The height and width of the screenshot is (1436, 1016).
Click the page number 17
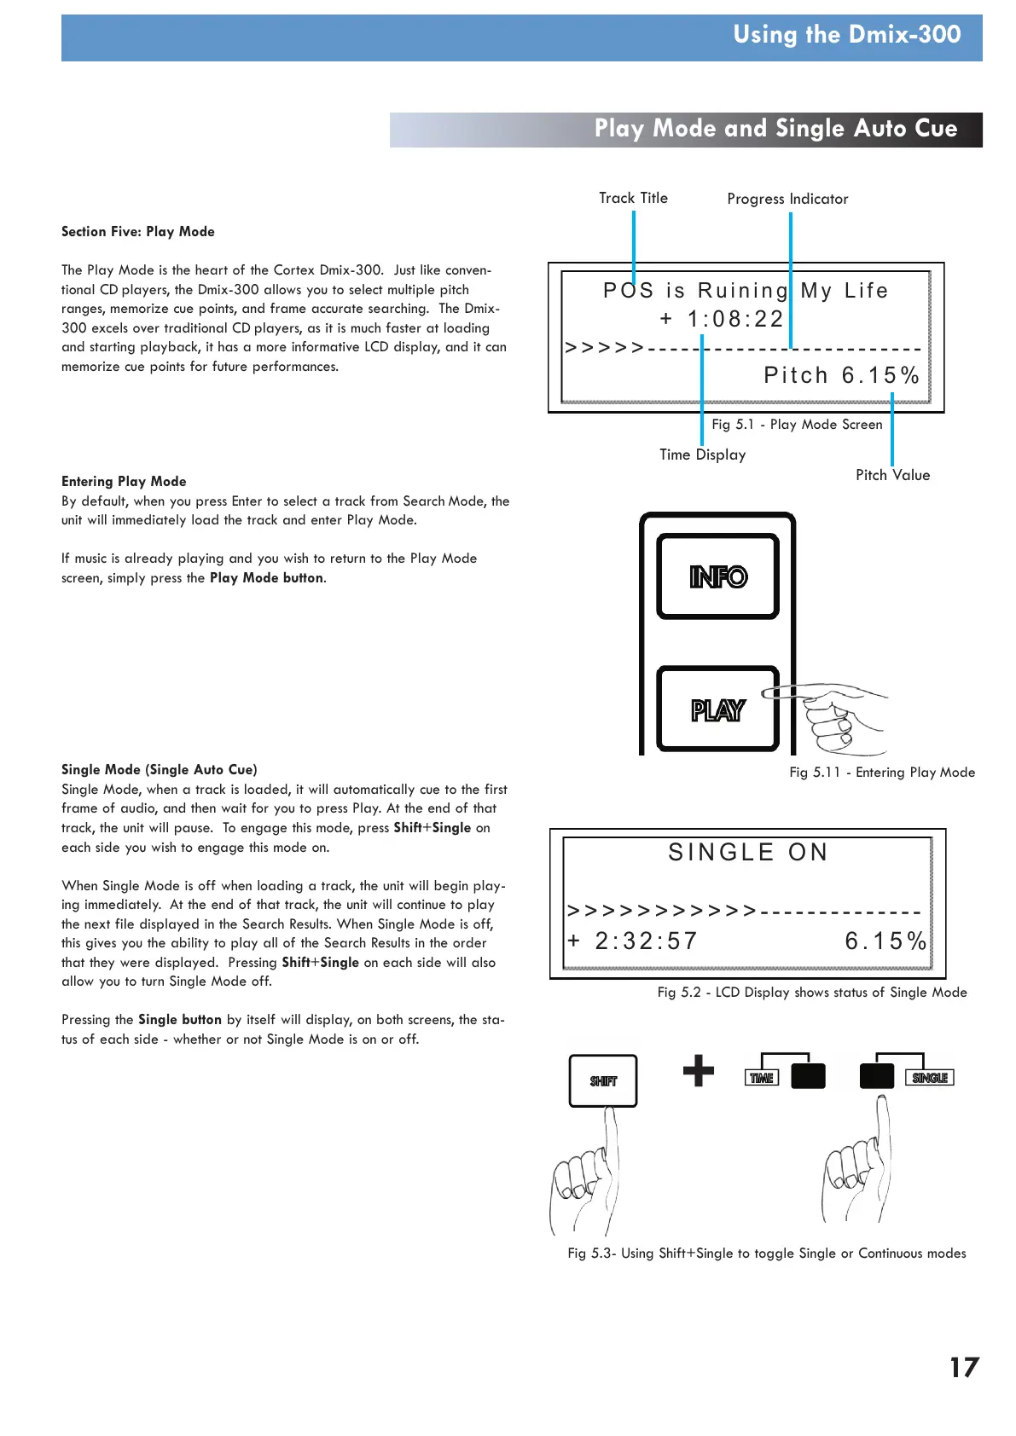pyautogui.click(x=964, y=1367)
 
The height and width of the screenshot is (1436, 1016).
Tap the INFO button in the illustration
pyautogui.click(x=717, y=576)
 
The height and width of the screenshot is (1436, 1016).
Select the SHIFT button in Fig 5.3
pyautogui.click(x=603, y=1080)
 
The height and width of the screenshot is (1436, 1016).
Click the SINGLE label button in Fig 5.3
pyautogui.click(x=929, y=1078)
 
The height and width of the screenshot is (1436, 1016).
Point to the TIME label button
pyautogui.click(x=762, y=1078)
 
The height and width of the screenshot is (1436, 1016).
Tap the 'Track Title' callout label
pyautogui.click(x=633, y=198)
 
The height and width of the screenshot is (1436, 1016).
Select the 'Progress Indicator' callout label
pyautogui.click(x=787, y=199)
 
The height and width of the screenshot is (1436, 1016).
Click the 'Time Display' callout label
pyautogui.click(x=702, y=455)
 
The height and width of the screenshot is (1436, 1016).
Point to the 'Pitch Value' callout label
pyautogui.click(x=892, y=475)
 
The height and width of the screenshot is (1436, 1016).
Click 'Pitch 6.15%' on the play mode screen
pyautogui.click(x=841, y=375)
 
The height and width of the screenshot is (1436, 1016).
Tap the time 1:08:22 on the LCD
pyautogui.click(x=735, y=319)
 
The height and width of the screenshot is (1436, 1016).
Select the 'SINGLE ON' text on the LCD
pyautogui.click(x=747, y=852)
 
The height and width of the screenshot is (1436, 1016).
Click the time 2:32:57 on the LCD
pyautogui.click(x=646, y=941)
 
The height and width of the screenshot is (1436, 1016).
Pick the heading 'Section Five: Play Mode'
pyautogui.click(x=138, y=232)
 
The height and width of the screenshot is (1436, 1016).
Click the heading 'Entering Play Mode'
pyautogui.click(x=124, y=481)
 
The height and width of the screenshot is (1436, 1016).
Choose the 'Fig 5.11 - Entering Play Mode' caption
pyautogui.click(x=881, y=773)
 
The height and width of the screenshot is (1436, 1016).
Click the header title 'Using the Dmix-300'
pyautogui.click(x=846, y=35)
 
